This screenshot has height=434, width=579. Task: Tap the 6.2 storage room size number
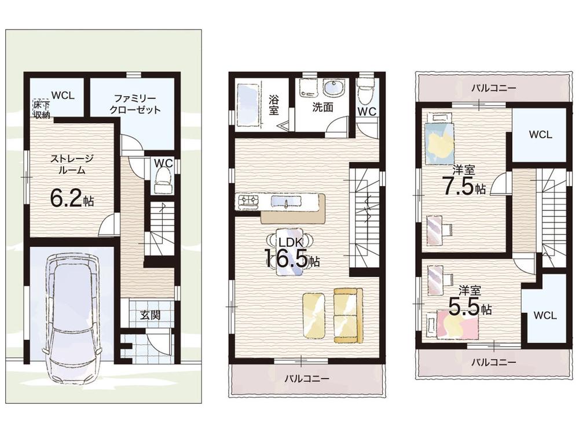[66, 199]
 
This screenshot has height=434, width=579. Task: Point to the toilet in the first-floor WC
[163, 180]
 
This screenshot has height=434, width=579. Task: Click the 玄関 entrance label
[151, 315]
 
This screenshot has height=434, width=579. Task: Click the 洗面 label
[323, 107]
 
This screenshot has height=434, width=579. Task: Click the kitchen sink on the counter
[287, 202]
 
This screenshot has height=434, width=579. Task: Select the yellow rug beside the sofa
[314, 315]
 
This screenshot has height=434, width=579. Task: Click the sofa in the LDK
[348, 316]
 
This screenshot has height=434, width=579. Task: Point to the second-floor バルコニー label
[306, 378]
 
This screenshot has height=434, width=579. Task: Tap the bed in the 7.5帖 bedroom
[439, 140]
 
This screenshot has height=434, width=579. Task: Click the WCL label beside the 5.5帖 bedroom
[545, 316]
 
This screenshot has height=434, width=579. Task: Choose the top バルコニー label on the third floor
[494, 88]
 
